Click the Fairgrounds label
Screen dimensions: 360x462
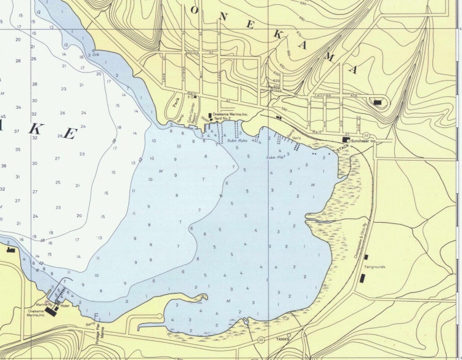click(375, 267)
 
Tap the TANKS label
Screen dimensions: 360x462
click(283, 338)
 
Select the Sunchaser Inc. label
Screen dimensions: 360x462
click(363, 141)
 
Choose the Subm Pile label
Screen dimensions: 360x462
click(275, 158)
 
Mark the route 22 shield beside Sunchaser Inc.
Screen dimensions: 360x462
click(366, 135)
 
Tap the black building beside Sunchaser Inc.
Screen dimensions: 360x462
click(346, 140)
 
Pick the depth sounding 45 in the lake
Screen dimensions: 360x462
click(3, 116)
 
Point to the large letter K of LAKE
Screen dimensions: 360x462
click(36, 129)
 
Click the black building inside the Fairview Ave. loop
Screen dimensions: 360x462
click(377, 102)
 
